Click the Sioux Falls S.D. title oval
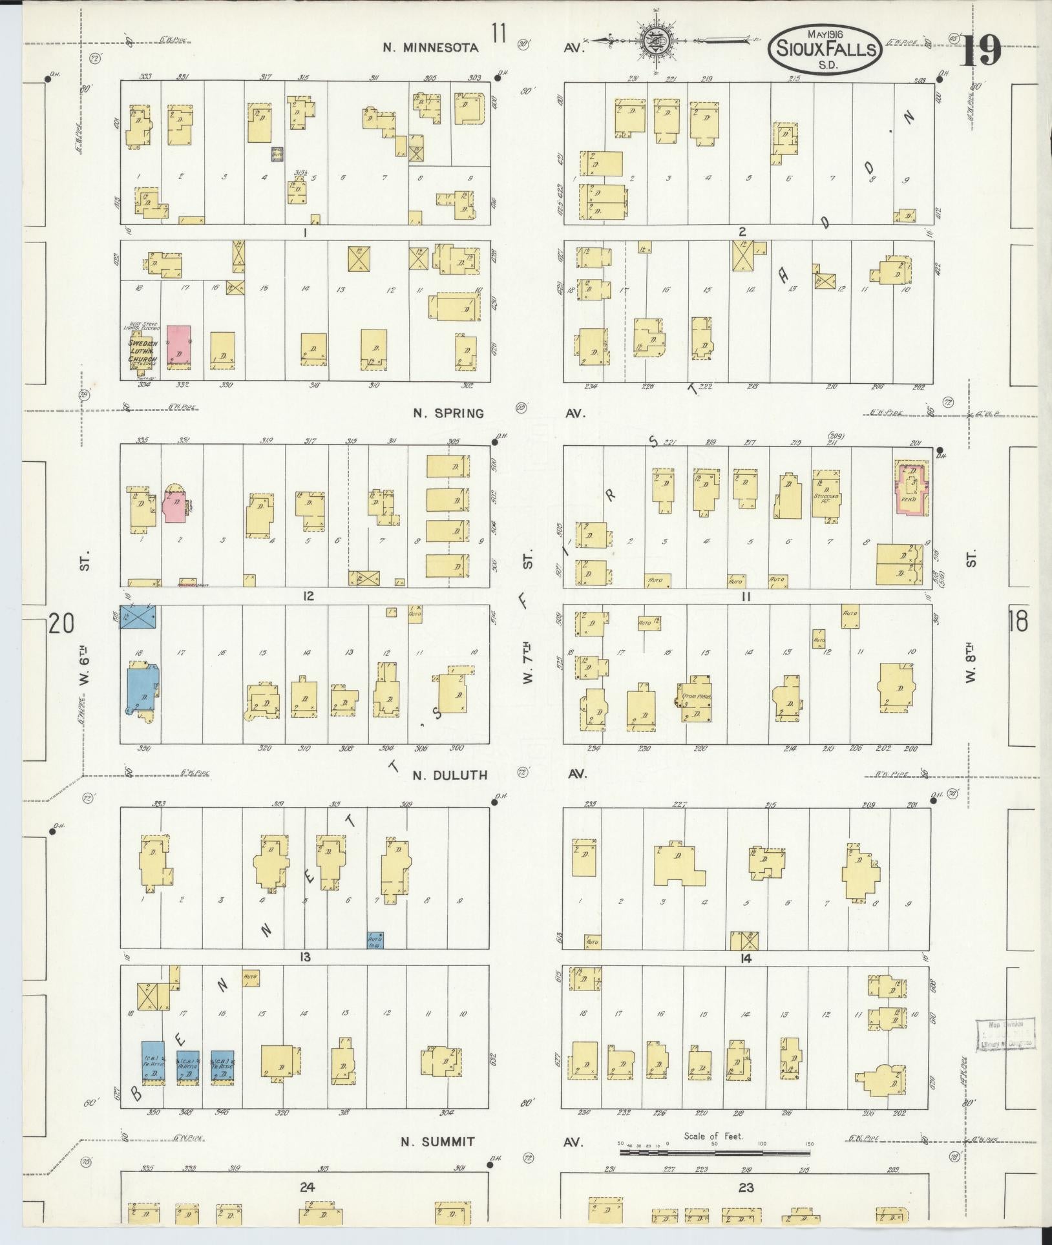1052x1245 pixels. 825,48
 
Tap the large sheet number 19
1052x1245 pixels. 980,50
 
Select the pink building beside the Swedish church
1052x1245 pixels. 179,347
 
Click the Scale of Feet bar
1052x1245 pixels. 714,1152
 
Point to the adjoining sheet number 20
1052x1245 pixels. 61,625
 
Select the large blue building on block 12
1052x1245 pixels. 143,689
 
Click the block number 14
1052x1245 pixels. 746,959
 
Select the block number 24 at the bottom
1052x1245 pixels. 306,1186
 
